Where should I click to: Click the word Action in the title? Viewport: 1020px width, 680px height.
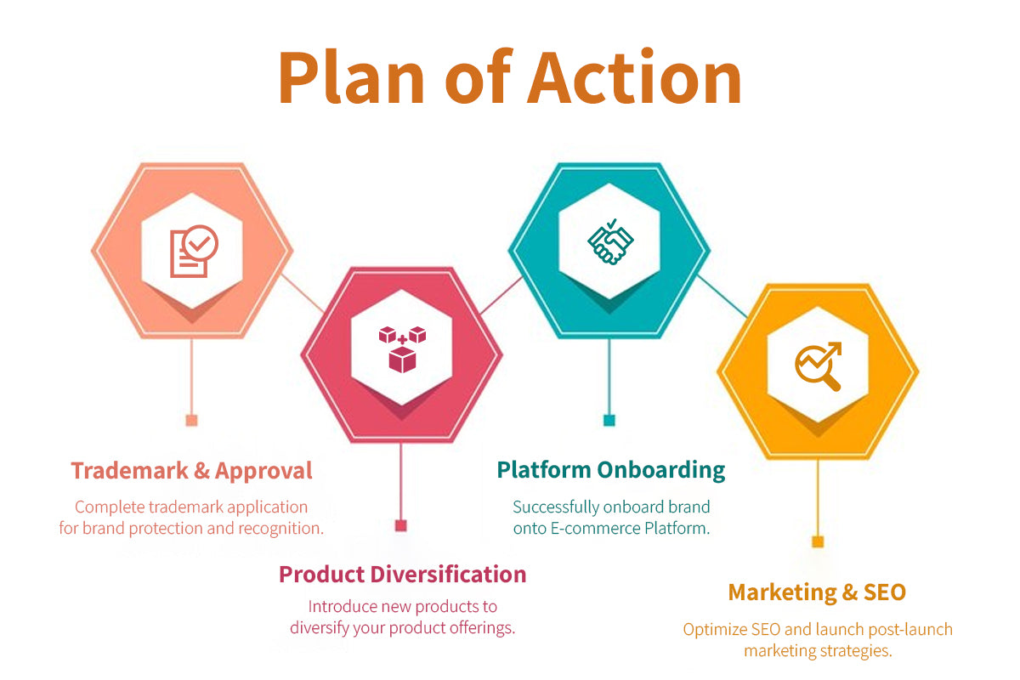(x=634, y=77)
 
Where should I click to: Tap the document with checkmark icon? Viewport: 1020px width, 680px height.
(x=194, y=251)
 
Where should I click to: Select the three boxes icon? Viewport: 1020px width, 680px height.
(x=402, y=349)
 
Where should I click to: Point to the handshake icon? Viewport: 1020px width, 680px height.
(x=610, y=241)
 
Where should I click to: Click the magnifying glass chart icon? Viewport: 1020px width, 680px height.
(x=819, y=366)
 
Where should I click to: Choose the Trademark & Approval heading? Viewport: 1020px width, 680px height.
(x=192, y=471)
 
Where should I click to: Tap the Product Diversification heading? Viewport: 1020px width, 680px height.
(x=403, y=575)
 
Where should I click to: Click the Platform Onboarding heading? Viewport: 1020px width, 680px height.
(x=611, y=471)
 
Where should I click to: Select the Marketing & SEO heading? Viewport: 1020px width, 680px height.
(x=817, y=592)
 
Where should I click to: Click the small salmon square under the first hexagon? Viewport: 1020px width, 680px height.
(x=192, y=420)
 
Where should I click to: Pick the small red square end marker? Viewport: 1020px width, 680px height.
(x=400, y=525)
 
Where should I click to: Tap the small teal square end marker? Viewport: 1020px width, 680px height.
(x=609, y=420)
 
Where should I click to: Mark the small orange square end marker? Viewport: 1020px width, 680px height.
(x=818, y=541)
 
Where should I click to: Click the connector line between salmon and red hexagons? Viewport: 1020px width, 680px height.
(x=303, y=293)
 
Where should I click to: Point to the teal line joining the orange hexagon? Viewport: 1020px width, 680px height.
(x=722, y=296)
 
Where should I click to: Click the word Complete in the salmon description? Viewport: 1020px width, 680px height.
(x=110, y=507)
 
